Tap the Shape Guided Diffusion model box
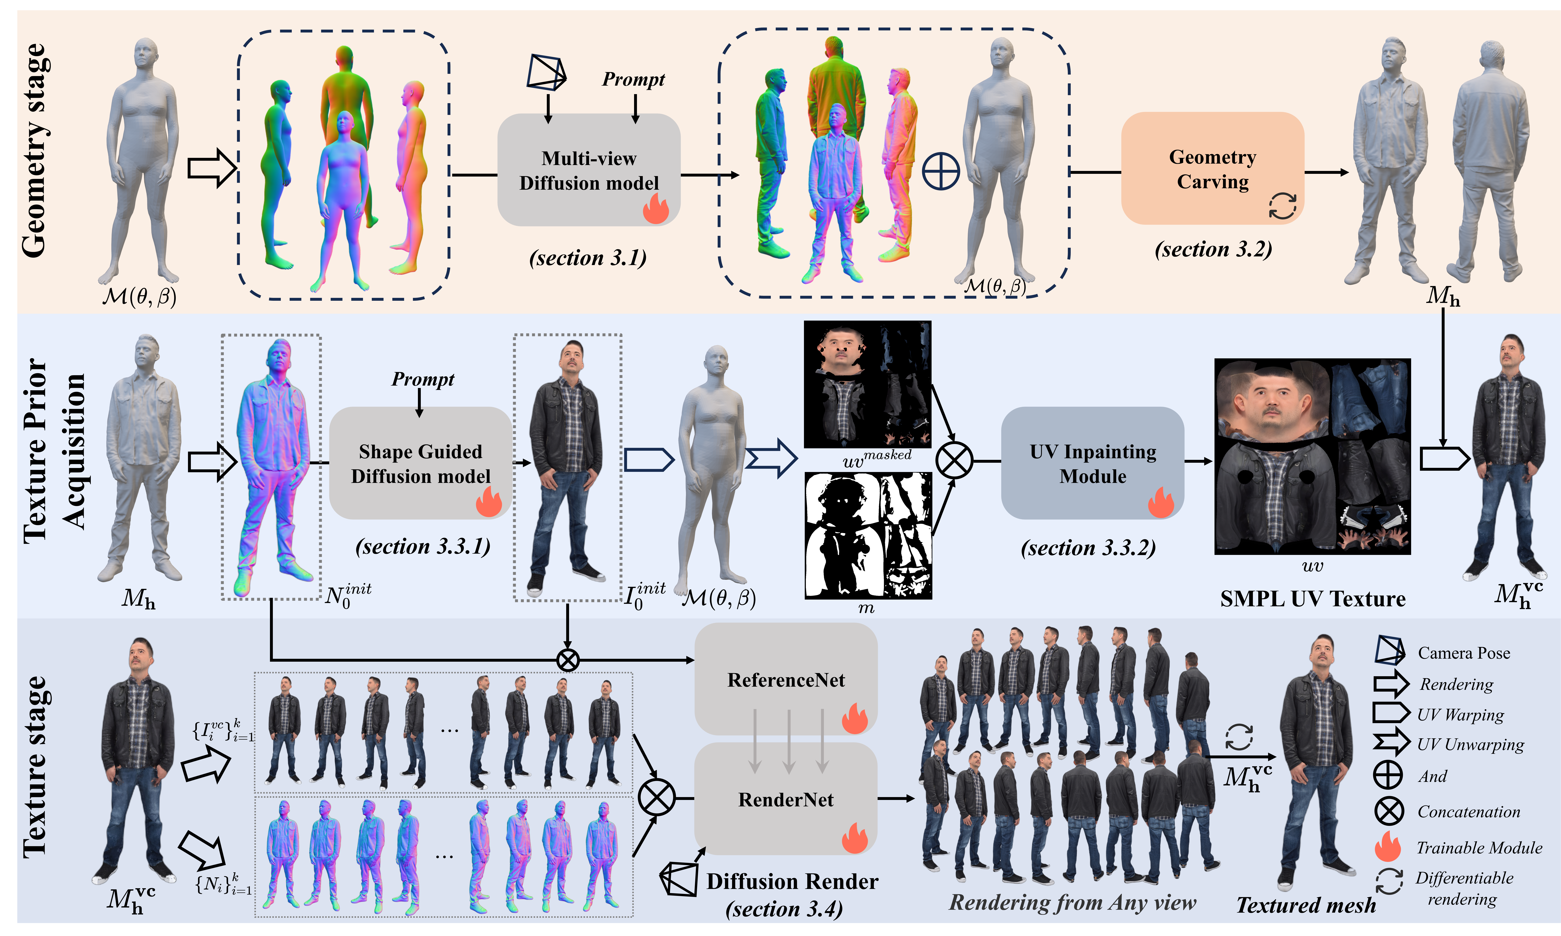point(420,463)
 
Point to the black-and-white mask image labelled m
point(868,535)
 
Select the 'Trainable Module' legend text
point(1479,848)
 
